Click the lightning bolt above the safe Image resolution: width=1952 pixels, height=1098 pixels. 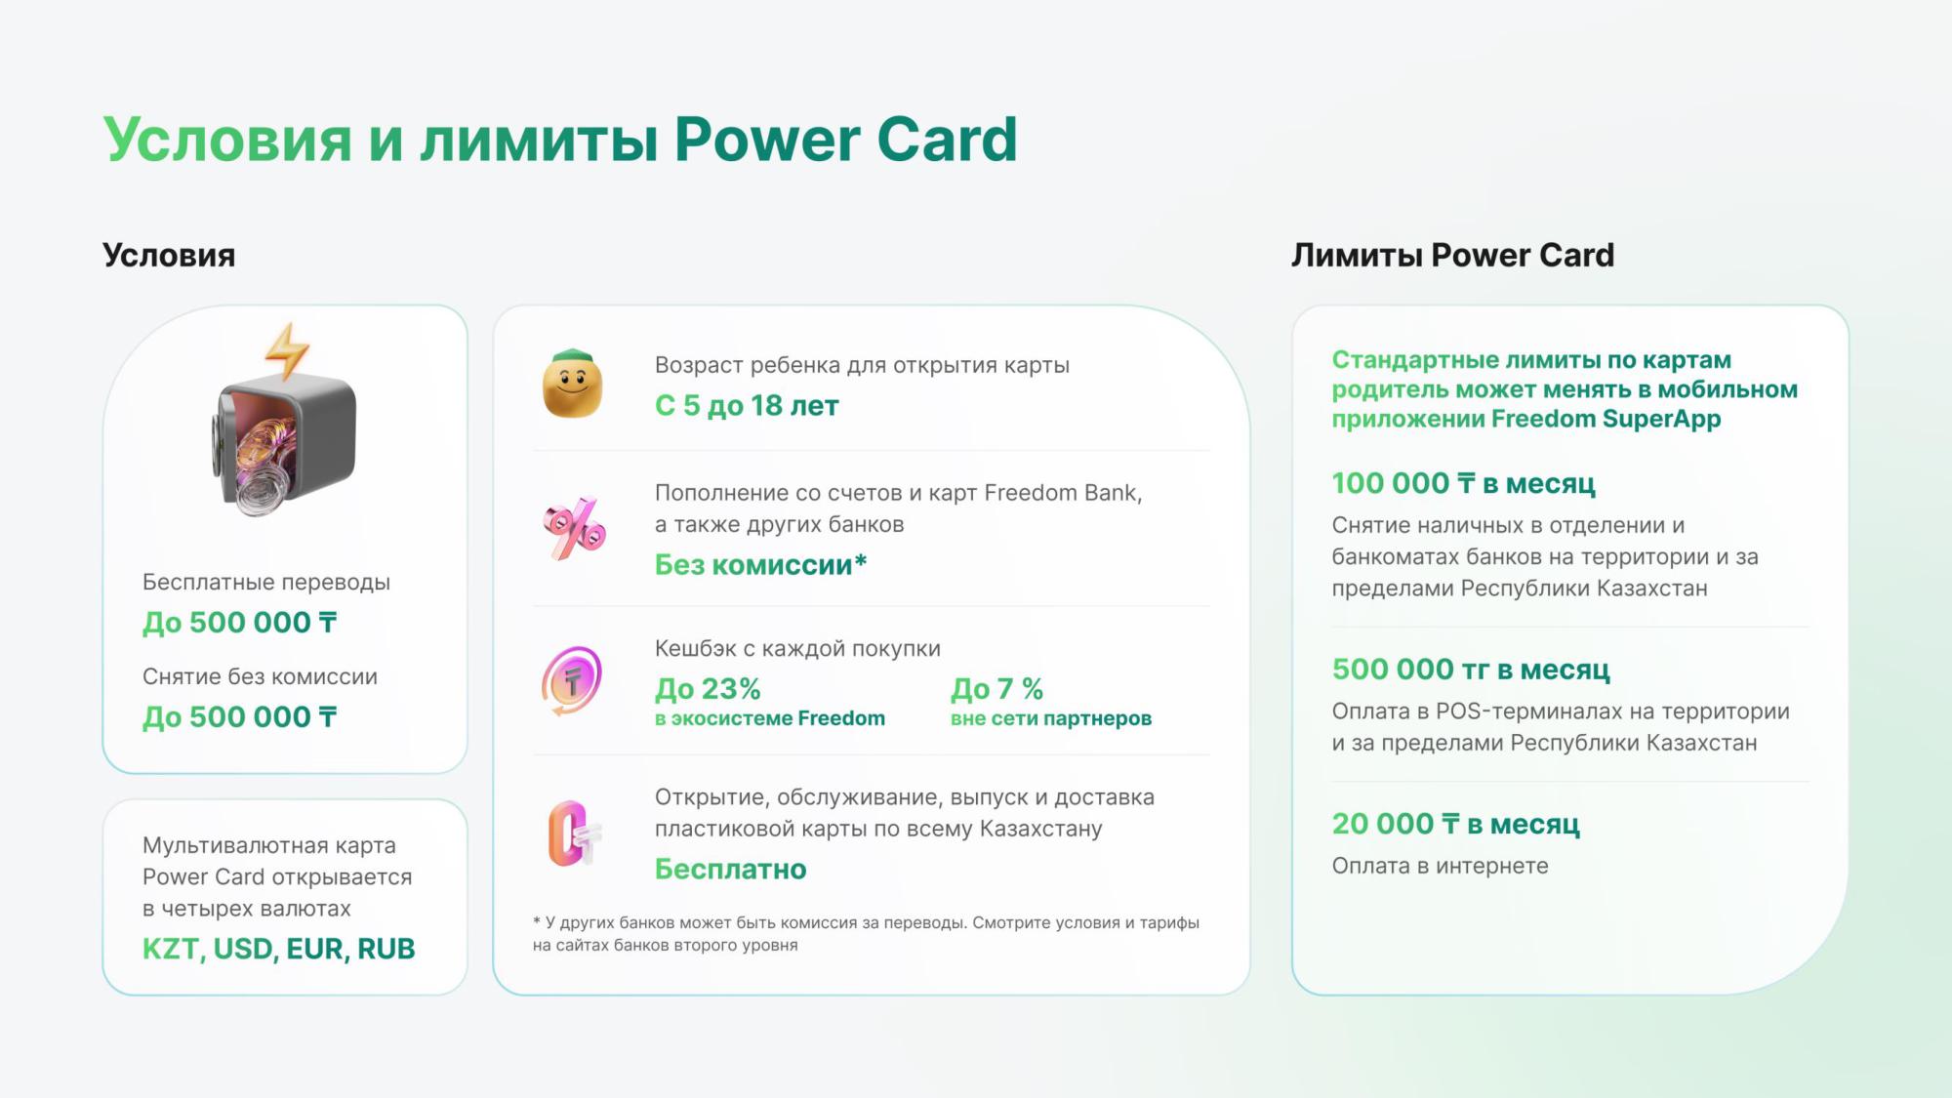[x=287, y=351]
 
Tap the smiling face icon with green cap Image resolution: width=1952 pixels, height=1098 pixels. [x=573, y=384]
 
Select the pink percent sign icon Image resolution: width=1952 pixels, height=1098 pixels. [x=574, y=528]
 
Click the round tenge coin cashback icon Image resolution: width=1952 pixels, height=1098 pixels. [x=572, y=680]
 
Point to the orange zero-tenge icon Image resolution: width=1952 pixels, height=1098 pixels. [x=573, y=834]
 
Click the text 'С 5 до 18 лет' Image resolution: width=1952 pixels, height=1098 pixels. [x=747, y=405]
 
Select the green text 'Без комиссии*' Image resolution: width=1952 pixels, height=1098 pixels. [x=760, y=564]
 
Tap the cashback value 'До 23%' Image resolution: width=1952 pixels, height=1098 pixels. [x=708, y=689]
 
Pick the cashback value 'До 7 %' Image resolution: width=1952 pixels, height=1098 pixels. [x=996, y=689]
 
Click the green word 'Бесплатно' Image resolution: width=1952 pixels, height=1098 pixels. [x=731, y=869]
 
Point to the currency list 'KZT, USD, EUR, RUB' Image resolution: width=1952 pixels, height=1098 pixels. [x=279, y=949]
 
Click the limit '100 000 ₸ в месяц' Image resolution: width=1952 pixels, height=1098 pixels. [x=1464, y=483]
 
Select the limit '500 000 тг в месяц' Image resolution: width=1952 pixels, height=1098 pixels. [x=1471, y=670]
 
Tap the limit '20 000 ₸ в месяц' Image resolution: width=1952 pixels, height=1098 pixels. [x=1456, y=824]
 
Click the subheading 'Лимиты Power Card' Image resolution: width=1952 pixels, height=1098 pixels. [x=1453, y=256]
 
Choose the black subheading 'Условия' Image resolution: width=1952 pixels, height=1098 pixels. [x=169, y=256]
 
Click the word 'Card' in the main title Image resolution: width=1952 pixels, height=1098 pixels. [x=947, y=139]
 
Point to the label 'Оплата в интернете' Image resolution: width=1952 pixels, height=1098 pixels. [x=1441, y=866]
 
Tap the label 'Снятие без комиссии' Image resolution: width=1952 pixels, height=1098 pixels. [x=260, y=676]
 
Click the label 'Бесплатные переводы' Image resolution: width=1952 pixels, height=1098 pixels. [x=266, y=583]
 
